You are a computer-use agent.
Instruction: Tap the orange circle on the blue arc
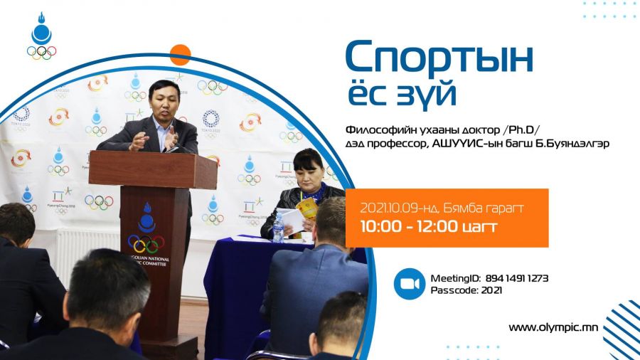point(180,55)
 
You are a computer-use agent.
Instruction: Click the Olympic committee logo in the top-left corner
point(42,36)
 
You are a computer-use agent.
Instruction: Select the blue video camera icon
point(410,284)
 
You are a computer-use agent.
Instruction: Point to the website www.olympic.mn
point(553,327)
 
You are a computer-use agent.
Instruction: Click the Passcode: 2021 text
point(466,290)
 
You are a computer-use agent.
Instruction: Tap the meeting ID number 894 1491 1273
point(517,278)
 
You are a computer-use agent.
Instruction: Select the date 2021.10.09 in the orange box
point(390,208)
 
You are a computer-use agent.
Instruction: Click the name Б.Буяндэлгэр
point(572,143)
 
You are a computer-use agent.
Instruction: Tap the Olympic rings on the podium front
point(146,243)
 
